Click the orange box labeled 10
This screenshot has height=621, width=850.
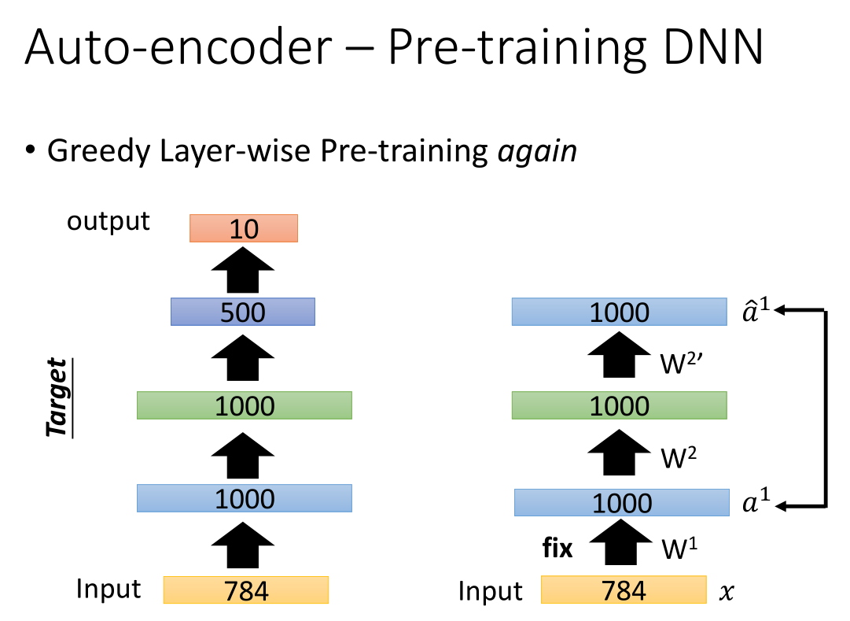244,228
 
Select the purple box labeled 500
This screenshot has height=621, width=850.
243,312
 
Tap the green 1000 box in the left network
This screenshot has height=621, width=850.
245,405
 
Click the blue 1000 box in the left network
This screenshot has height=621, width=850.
245,498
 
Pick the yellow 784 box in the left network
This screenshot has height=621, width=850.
246,590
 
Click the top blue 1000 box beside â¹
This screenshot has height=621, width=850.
620,312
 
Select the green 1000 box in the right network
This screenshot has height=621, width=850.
620,405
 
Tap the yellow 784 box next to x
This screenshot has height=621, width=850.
624,590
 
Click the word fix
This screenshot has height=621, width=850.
557,548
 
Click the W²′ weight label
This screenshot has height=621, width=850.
682,363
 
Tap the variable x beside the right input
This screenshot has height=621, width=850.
727,592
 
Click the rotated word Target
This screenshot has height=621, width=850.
58,397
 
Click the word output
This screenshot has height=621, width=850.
108,221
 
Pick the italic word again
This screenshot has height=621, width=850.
537,151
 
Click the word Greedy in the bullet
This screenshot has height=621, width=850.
98,151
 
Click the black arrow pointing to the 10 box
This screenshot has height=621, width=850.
243,270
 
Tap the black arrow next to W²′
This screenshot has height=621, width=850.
619,354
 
